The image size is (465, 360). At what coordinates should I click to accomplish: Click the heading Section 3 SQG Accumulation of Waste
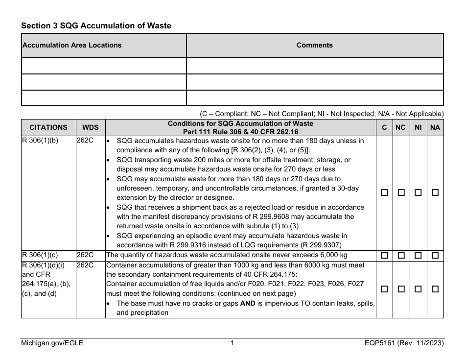click(96, 25)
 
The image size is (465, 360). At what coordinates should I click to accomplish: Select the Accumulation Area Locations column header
click(72, 45)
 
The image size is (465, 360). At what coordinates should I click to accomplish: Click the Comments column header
click(314, 45)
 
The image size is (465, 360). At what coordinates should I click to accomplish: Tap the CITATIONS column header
click(48, 127)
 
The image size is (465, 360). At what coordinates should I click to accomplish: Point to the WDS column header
click(90, 127)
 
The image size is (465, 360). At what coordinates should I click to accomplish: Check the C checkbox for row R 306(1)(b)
click(385, 193)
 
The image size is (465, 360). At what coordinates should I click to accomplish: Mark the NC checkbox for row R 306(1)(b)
click(401, 193)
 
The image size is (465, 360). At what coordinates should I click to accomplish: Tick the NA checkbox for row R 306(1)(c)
click(435, 256)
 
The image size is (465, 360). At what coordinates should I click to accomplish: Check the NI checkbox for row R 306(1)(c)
click(418, 256)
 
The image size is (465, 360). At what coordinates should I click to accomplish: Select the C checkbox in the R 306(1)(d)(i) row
click(385, 289)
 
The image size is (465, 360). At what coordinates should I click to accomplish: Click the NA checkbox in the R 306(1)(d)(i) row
click(435, 289)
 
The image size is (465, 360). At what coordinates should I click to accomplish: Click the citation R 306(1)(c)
click(41, 255)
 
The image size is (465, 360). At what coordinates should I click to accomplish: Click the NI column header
click(418, 127)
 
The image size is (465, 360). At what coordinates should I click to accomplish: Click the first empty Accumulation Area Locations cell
click(104, 66)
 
